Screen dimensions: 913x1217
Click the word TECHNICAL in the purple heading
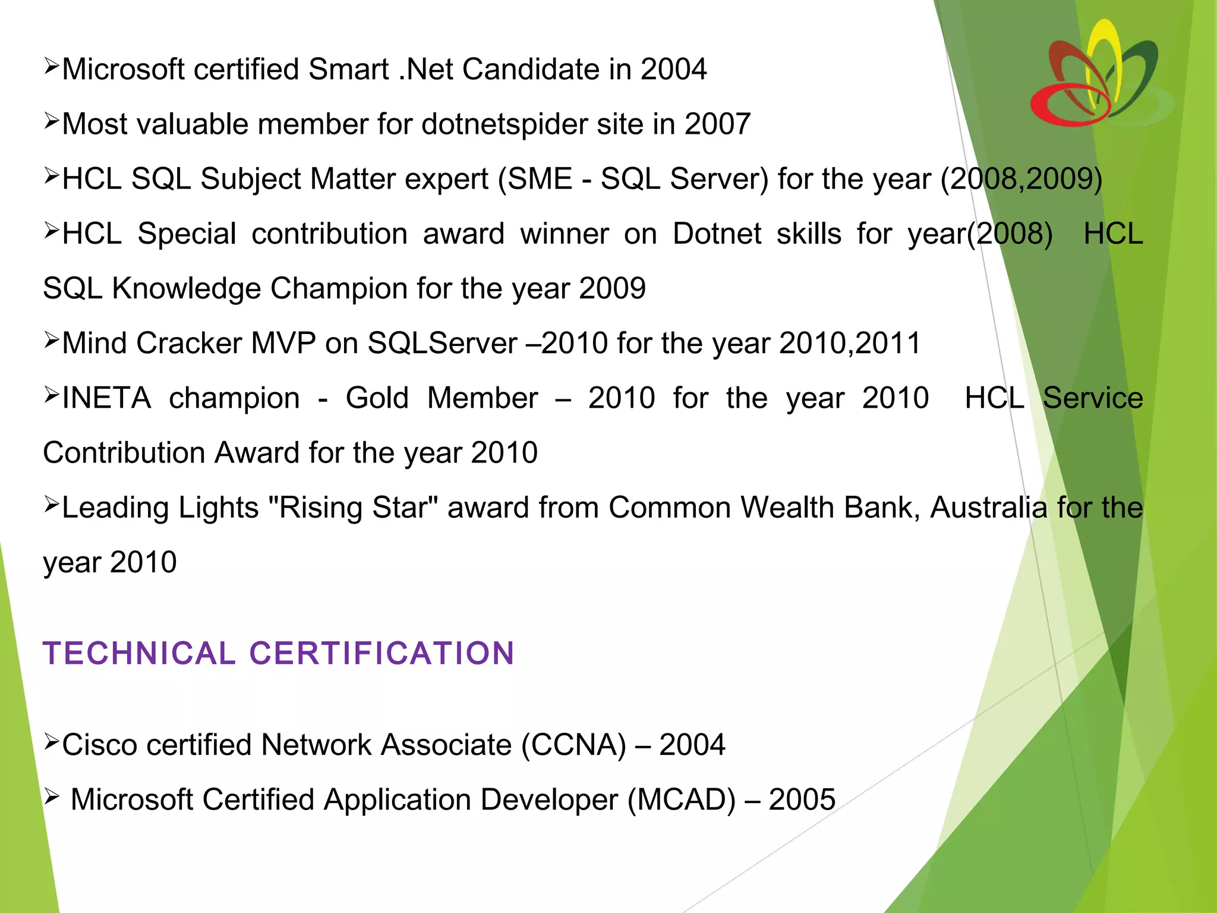coord(139,653)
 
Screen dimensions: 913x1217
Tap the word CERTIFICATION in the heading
coord(382,653)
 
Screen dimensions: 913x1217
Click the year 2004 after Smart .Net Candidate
coord(673,70)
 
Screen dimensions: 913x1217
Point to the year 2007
coord(717,124)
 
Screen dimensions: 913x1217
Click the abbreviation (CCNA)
coord(573,745)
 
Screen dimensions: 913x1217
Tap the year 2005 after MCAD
coord(802,799)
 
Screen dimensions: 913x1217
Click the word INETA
coord(106,398)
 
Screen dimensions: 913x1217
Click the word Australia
coord(988,508)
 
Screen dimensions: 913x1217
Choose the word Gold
coord(377,398)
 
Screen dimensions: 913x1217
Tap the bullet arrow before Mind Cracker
coord(51,340)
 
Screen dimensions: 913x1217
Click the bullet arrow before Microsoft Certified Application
coord(51,796)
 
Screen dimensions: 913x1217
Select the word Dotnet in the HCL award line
coord(717,234)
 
